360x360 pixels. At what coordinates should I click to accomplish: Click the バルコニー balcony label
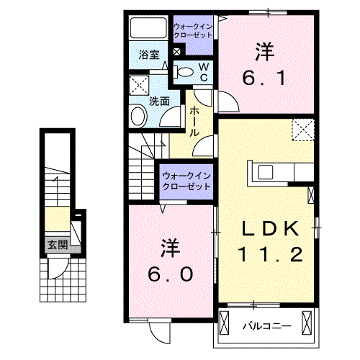point(266,325)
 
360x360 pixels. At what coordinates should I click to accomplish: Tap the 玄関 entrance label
point(58,245)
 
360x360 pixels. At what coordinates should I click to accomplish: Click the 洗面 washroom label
point(159,102)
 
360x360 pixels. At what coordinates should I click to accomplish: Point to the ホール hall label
point(194,122)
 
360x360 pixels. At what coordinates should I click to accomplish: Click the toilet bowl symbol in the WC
point(184,71)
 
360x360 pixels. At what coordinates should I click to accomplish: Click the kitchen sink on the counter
point(264,172)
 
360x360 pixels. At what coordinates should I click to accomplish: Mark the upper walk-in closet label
point(192,30)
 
